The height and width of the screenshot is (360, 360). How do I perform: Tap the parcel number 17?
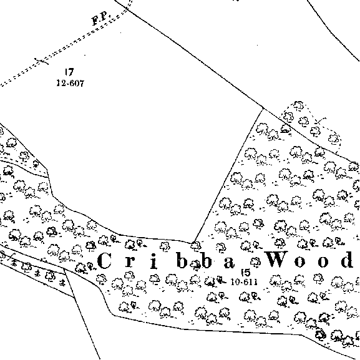(x=69, y=72)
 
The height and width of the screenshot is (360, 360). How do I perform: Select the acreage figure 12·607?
(x=71, y=83)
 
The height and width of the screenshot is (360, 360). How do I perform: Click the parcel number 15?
(x=246, y=273)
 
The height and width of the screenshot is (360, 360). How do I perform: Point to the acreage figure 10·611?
(x=244, y=282)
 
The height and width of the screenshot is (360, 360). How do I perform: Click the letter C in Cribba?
(x=104, y=260)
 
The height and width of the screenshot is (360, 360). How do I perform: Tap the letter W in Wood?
(x=277, y=260)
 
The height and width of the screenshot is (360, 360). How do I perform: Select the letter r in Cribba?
(x=130, y=262)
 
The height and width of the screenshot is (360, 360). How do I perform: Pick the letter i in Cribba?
(x=154, y=261)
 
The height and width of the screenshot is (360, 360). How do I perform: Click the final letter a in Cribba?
(x=229, y=263)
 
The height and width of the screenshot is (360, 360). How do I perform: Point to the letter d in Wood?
(x=347, y=260)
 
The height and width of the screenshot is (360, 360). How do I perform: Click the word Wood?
(x=309, y=260)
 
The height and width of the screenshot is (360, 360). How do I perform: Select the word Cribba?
(x=166, y=260)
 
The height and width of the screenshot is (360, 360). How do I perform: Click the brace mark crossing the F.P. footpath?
(x=42, y=61)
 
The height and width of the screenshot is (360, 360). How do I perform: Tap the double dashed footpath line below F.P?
(x=64, y=48)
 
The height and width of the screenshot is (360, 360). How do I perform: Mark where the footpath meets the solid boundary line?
(x=127, y=9)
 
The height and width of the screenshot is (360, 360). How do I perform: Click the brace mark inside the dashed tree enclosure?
(x=320, y=121)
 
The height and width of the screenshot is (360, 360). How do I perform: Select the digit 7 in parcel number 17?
(x=71, y=72)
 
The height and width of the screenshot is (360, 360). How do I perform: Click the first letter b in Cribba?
(x=182, y=260)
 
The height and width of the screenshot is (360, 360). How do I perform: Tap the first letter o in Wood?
(x=299, y=262)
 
